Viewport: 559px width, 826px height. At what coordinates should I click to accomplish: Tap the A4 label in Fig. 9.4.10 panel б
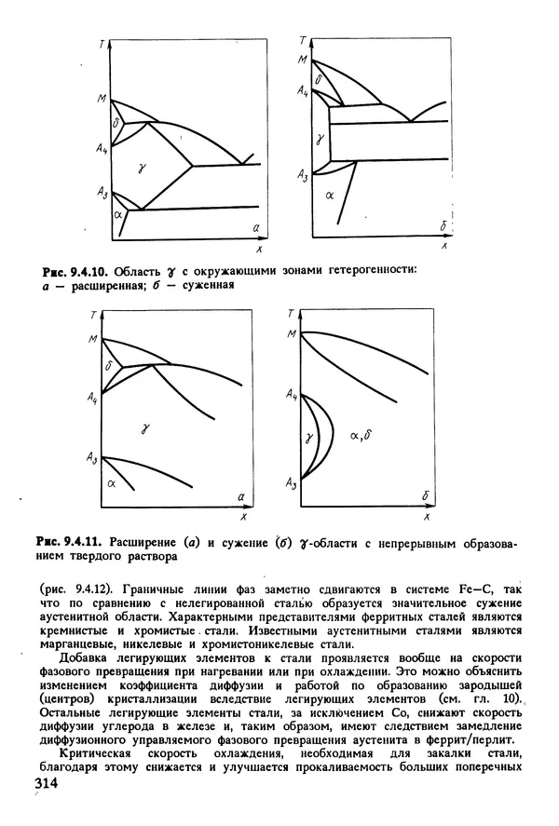[303, 92]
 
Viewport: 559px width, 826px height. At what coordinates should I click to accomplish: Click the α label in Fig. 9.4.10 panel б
[329, 196]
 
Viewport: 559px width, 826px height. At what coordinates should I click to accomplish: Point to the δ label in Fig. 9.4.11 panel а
[110, 368]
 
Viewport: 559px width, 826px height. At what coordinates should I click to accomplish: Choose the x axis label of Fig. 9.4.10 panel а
[256, 250]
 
